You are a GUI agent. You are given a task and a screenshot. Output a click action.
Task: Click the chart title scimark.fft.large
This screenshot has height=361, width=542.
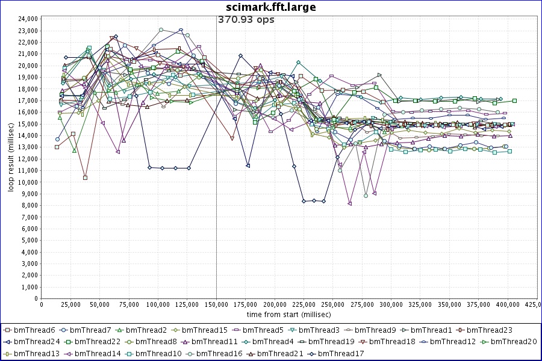click(270, 7)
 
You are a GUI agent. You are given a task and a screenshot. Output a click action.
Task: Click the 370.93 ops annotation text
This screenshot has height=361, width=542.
click(246, 20)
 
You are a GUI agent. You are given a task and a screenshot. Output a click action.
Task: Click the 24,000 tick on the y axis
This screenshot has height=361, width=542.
click(26, 19)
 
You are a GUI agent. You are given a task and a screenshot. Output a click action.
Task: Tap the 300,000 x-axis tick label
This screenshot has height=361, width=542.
click(391, 305)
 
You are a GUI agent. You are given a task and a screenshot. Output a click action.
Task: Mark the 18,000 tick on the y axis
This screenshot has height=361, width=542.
click(26, 88)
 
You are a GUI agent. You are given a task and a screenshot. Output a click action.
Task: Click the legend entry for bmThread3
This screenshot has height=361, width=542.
click(319, 330)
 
